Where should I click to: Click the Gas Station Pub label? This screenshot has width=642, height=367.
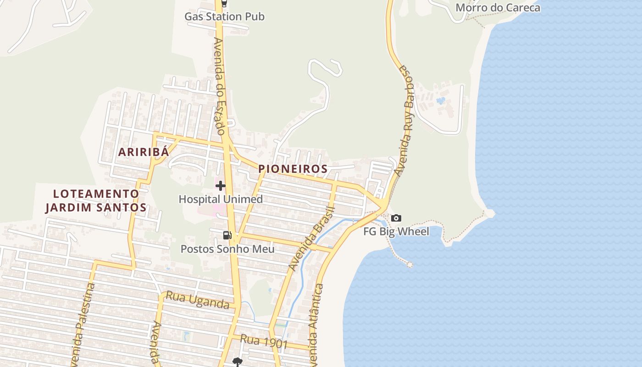click(224, 17)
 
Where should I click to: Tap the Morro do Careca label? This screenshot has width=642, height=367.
click(498, 8)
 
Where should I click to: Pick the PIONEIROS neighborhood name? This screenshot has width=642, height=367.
click(293, 169)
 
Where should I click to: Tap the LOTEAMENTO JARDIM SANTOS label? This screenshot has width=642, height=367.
click(96, 200)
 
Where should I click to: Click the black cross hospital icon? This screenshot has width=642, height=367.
click(221, 186)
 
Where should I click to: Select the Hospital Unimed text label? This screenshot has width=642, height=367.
click(221, 199)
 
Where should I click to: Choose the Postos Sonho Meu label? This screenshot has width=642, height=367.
click(227, 249)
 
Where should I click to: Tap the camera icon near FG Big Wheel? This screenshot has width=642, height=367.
click(396, 218)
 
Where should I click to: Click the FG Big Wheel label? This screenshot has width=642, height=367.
click(396, 231)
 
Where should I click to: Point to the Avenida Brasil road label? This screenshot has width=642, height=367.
click(312, 239)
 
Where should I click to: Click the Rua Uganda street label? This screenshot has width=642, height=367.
click(197, 300)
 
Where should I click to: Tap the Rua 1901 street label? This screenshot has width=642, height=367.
click(264, 342)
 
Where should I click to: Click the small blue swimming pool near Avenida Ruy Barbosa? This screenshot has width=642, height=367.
click(441, 100)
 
